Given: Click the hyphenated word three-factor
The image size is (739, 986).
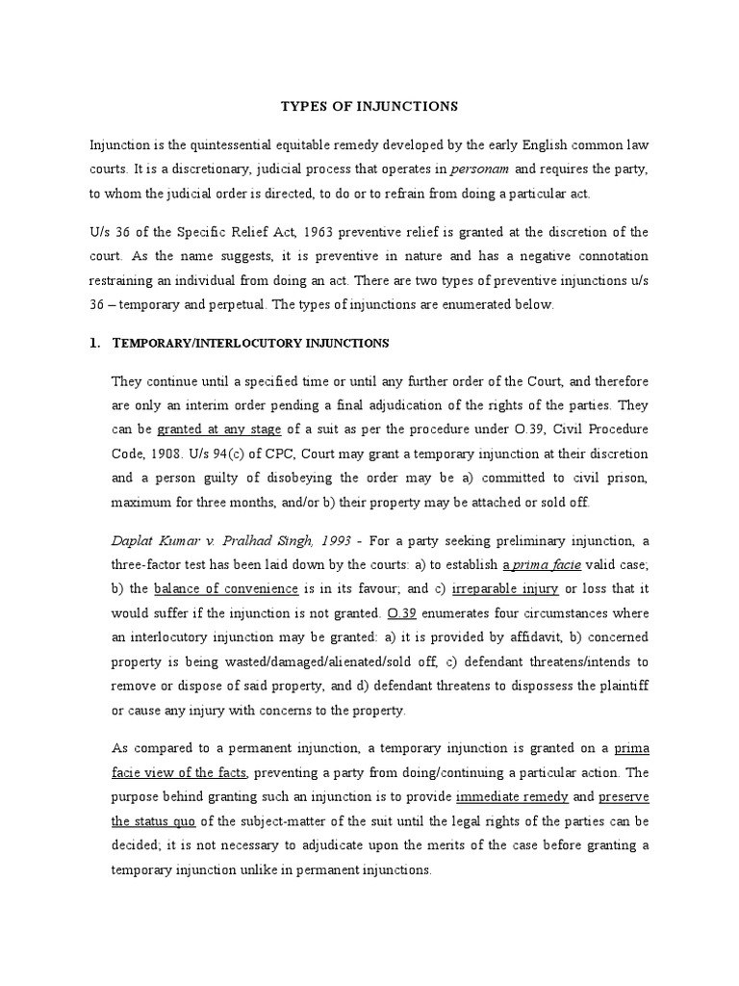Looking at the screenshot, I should pyautogui.click(x=150, y=565).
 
